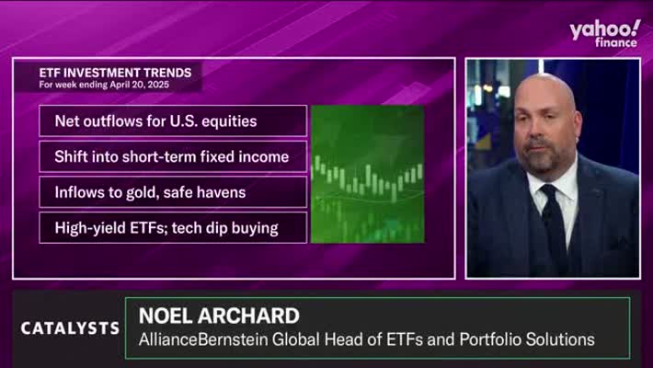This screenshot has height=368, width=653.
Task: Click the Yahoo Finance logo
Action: pos(604,33)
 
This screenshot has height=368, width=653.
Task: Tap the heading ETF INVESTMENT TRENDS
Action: pos(115,73)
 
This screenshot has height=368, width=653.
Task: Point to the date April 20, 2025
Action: pos(140,85)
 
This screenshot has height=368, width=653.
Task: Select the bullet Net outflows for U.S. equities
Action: pos(155,121)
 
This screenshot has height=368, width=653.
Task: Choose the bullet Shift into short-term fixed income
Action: pos(172,156)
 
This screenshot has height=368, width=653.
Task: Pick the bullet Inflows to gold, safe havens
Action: pos(150,192)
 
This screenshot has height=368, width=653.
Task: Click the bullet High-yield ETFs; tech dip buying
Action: pos(166,228)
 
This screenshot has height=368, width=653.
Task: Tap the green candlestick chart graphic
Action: pos(368,174)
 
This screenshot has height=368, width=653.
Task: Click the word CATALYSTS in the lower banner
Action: pos(70,328)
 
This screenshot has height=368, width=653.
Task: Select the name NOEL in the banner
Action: pos(166,316)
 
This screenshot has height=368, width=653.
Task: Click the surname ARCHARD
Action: pos(248,316)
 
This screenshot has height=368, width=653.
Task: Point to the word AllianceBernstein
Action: pos(203,339)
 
